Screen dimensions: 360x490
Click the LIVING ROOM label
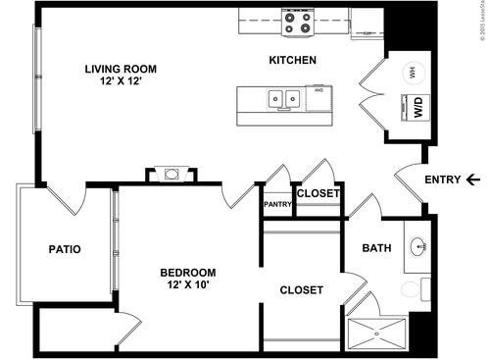point(121,69)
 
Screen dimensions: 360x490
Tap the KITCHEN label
point(292,61)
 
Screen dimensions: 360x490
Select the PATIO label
point(65,249)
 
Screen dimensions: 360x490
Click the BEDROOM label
point(188,272)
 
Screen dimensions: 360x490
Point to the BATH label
point(376,248)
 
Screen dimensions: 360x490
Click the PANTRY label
point(277,204)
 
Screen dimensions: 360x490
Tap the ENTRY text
point(442,180)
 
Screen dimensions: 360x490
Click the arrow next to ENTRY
point(473,180)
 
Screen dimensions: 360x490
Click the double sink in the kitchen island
point(285,98)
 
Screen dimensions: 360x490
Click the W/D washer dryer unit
point(416,108)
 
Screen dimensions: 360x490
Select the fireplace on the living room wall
point(171,175)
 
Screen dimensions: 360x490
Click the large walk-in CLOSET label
point(302,290)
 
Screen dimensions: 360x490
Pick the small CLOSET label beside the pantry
point(318,193)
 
